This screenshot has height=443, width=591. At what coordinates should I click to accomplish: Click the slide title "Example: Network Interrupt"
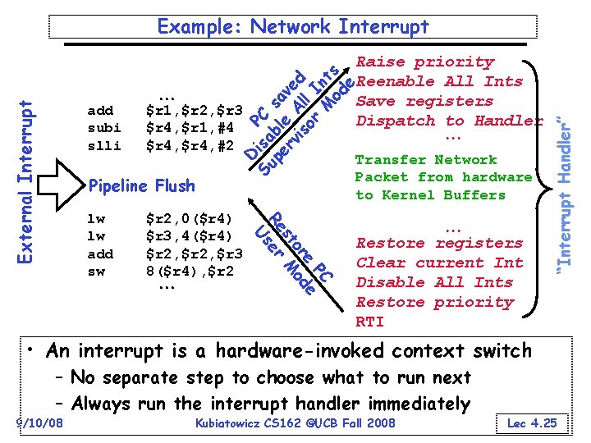click(x=293, y=26)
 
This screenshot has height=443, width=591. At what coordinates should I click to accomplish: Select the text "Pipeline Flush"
click(x=140, y=185)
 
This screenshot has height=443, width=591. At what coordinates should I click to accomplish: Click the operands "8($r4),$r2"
click(x=190, y=272)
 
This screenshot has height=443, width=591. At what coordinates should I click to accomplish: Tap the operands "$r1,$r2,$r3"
click(x=193, y=109)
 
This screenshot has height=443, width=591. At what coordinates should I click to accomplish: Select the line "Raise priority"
click(x=425, y=62)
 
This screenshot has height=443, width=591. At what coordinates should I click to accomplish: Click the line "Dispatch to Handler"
click(x=448, y=121)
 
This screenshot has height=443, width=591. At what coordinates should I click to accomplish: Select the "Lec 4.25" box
click(x=531, y=423)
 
